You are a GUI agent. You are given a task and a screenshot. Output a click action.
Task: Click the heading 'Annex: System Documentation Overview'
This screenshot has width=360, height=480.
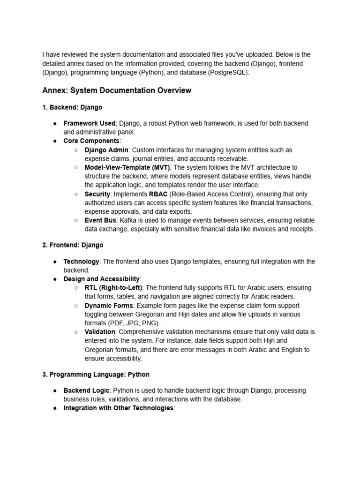click(117, 90)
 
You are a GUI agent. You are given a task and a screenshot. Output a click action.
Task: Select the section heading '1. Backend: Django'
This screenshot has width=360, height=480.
click(72, 107)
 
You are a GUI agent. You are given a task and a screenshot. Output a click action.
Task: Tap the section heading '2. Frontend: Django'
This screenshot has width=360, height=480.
click(73, 245)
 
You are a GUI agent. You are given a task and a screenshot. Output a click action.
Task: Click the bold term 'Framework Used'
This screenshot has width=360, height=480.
click(89, 123)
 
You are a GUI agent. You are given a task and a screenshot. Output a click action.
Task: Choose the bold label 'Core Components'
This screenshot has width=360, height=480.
click(91, 141)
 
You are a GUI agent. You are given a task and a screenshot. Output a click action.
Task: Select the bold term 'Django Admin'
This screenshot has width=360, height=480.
click(106, 150)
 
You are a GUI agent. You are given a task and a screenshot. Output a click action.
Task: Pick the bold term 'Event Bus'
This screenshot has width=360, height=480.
click(100, 220)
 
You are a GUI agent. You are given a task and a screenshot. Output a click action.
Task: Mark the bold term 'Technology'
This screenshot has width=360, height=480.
click(81, 262)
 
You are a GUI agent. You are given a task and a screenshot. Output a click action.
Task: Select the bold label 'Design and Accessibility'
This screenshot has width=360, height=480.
click(101, 279)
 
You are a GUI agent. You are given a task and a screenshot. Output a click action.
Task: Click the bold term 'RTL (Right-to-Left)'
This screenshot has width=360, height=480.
click(113, 288)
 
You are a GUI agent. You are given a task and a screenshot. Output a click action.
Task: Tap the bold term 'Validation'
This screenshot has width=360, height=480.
click(100, 332)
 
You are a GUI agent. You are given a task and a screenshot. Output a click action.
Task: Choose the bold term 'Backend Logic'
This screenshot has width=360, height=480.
click(86, 390)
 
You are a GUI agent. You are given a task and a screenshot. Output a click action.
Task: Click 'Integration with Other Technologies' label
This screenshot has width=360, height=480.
click(118, 408)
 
